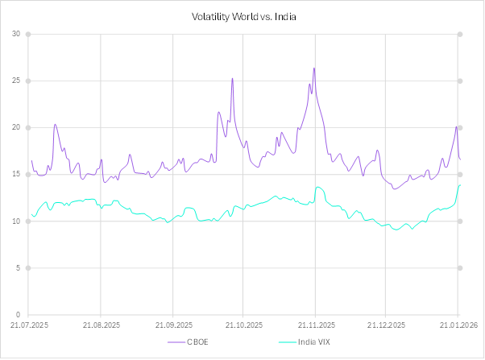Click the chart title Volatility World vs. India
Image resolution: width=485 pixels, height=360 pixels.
[x=242, y=16]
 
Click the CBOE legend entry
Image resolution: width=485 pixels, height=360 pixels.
[x=197, y=342]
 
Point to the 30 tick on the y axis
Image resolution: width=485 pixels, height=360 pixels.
[x=17, y=34]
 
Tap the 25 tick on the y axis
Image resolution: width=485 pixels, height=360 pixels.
[x=17, y=81]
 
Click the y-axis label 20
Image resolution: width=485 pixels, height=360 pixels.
[x=17, y=127]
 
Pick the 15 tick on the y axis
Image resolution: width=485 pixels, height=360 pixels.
[x=17, y=174]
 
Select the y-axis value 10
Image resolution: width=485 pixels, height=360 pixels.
[x=17, y=221]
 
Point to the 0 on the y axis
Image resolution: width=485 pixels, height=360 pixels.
[x=19, y=314]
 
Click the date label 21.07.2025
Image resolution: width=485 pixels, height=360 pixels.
[x=29, y=325]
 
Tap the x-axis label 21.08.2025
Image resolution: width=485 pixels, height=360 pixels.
[x=101, y=325]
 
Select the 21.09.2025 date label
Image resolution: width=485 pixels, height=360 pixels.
[x=172, y=325]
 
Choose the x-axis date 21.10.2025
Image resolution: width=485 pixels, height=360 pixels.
[x=243, y=325]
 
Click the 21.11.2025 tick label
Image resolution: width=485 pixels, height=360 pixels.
[x=315, y=325]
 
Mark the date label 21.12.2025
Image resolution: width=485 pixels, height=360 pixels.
[x=386, y=325]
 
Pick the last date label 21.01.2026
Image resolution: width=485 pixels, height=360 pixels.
[x=458, y=325]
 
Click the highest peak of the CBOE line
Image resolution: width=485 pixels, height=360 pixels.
[x=314, y=68]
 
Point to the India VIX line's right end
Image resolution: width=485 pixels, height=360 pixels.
[x=460, y=184]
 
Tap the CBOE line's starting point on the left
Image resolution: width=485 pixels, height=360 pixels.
[x=31, y=160]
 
